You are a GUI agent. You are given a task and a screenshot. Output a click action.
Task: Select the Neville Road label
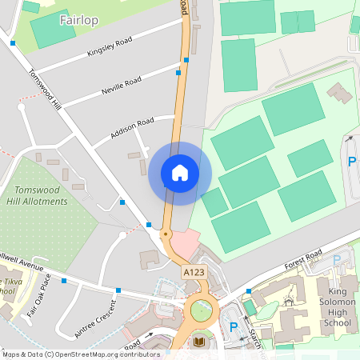(x=121, y=86)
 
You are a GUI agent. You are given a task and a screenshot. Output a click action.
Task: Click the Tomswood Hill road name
(x=45, y=89)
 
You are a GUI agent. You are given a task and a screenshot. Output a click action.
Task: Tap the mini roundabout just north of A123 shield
(x=165, y=234)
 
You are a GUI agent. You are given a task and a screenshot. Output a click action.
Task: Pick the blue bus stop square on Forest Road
(x=250, y=291)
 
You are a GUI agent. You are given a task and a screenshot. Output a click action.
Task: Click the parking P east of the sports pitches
(x=351, y=161)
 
